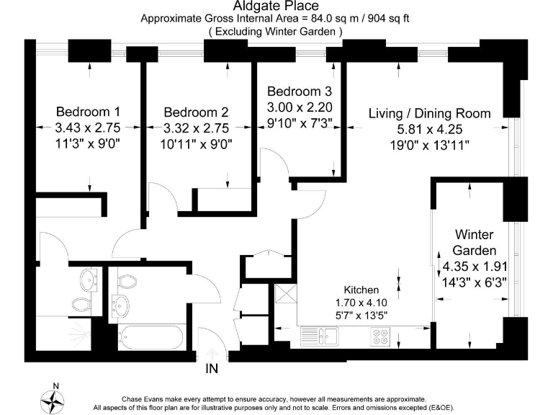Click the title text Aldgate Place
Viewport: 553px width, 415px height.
pos(276,6)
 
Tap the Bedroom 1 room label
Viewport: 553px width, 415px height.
pos(88,112)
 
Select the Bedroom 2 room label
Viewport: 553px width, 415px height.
pos(196,112)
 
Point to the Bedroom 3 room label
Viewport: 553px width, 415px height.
pos(300,92)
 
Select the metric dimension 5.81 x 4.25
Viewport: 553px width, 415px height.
pos(429,130)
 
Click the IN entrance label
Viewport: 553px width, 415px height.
pos(212,369)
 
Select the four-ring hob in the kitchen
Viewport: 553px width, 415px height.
pos(380,336)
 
